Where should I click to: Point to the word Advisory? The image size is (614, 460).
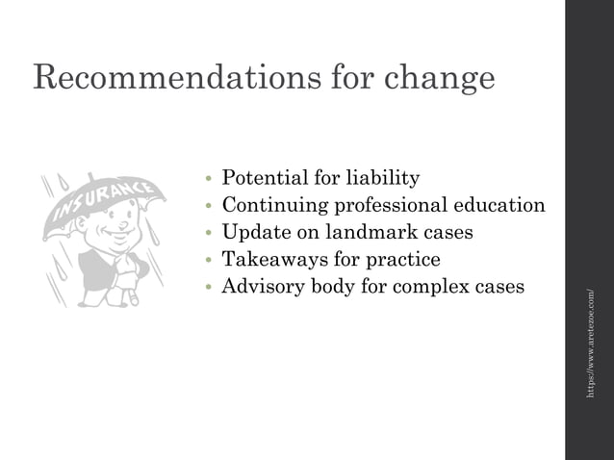(262, 287)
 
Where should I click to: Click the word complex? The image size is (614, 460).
(435, 287)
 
